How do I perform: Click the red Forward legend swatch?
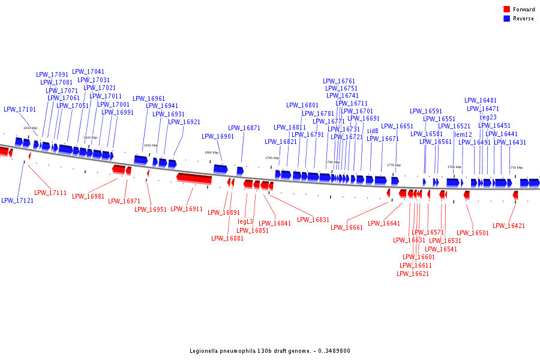tap(507, 10)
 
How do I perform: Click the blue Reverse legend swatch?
tap(507, 19)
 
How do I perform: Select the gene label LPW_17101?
tap(20, 110)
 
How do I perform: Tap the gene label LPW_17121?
tap(17, 200)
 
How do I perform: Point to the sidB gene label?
tap(373, 130)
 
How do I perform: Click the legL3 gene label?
tap(245, 222)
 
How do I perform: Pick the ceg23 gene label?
tap(488, 117)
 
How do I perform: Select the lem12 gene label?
tap(463, 134)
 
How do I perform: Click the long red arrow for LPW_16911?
tap(194, 179)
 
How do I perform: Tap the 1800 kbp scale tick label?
tap(211, 152)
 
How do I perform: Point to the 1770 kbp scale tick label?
tap(394, 165)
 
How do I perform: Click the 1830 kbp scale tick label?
tap(30, 128)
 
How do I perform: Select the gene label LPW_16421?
tap(509, 226)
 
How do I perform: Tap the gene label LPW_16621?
tap(413, 274)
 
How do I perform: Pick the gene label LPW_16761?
tap(339, 81)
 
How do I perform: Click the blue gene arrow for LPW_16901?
tap(220, 169)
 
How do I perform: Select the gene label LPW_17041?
tap(88, 71)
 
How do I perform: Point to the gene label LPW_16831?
tap(313, 220)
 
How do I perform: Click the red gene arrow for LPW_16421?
tap(515, 195)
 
